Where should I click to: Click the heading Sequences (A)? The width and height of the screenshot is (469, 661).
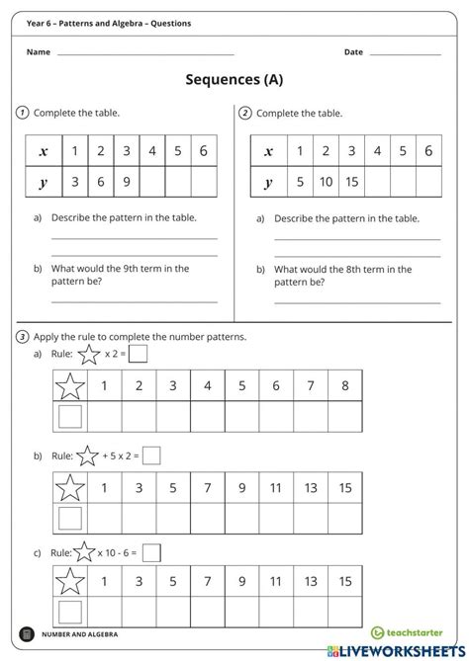234,82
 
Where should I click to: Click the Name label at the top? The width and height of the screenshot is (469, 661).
38,51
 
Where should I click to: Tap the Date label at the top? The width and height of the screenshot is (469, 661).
353,51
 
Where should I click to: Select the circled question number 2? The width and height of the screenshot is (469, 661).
245,113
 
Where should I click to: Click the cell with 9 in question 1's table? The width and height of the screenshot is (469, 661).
127,183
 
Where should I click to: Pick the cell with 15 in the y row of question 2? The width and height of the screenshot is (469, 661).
351,183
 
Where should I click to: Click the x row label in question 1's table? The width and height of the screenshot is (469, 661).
43,151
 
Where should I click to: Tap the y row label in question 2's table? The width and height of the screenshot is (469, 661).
268,183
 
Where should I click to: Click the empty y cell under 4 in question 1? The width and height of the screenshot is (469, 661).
152,183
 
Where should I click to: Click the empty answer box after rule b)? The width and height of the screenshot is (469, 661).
151,455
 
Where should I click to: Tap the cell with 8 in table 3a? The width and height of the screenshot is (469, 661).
344,386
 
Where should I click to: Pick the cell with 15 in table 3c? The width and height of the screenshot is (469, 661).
344,582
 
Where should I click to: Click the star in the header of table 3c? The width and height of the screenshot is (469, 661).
70,583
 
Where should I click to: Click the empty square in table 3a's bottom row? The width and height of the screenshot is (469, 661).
70,417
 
